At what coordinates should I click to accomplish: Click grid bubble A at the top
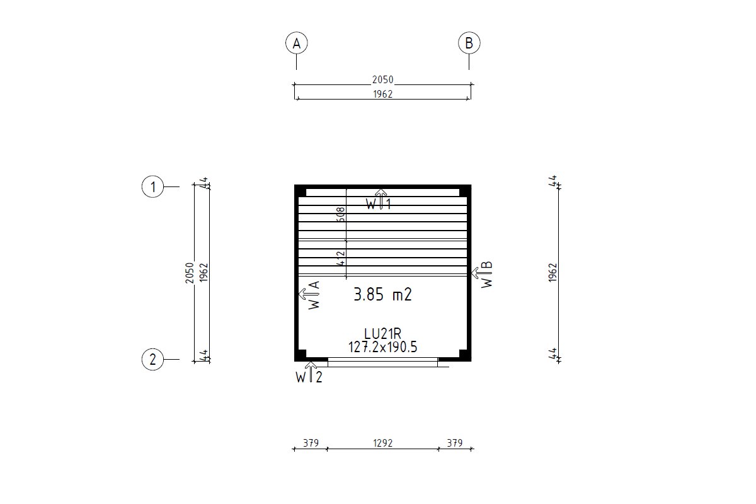point(296,43)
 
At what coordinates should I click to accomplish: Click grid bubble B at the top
point(469,43)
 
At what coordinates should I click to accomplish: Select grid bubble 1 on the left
point(152,186)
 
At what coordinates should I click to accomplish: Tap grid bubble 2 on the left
point(152,359)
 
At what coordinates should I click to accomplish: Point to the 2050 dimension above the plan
point(383,79)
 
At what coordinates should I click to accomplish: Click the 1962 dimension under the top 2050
point(383,94)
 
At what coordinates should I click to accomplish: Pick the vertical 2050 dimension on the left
point(190,273)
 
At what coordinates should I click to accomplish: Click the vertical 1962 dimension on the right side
point(553,273)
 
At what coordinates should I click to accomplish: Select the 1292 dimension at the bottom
point(383,442)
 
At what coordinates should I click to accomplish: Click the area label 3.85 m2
point(383,294)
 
